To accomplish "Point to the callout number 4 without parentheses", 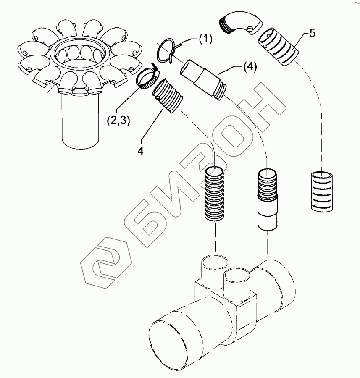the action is point(140,150).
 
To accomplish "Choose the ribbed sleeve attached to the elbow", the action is point(278,47).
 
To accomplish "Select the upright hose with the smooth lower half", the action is point(267,199).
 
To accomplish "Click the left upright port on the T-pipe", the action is point(215,271).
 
